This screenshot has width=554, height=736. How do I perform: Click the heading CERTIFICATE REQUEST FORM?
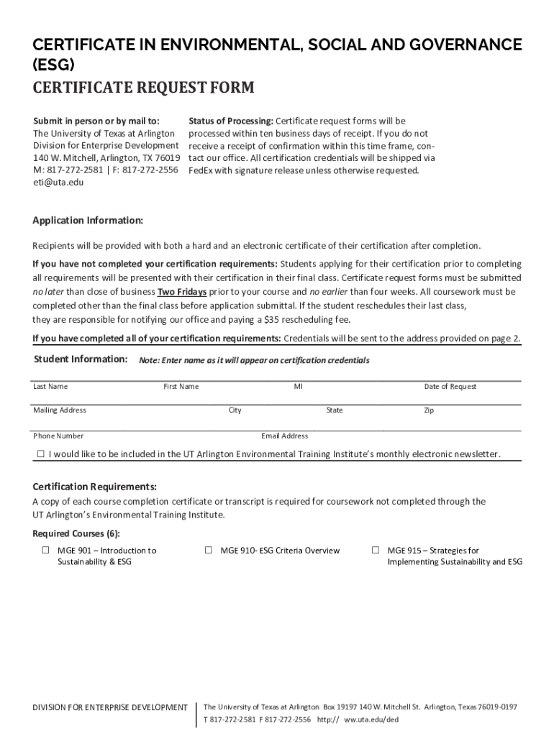tap(143, 88)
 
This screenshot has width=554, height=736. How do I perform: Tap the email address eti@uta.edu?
tap(58, 183)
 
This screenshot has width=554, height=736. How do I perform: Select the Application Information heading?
tap(88, 220)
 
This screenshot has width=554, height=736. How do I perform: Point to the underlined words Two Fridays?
tap(182, 292)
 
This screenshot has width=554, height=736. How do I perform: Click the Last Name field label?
tap(50, 387)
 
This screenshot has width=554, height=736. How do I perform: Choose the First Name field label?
tap(181, 387)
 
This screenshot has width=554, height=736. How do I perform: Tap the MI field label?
tap(298, 387)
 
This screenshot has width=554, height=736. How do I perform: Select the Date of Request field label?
tap(450, 387)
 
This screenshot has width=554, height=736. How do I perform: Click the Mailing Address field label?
tap(60, 410)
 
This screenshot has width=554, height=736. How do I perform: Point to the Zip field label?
tap(429, 410)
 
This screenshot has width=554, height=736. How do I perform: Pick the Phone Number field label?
tap(58, 436)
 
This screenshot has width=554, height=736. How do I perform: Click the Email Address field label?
tap(285, 436)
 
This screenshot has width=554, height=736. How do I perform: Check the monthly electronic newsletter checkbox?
tap(41, 454)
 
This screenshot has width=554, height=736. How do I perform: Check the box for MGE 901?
tap(45, 551)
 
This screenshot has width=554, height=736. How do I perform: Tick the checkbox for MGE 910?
tap(209, 551)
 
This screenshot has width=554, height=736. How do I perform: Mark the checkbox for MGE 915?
tap(375, 551)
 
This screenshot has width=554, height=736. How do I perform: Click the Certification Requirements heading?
tap(94, 487)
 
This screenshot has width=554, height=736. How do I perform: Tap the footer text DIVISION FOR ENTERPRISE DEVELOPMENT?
tap(111, 708)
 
